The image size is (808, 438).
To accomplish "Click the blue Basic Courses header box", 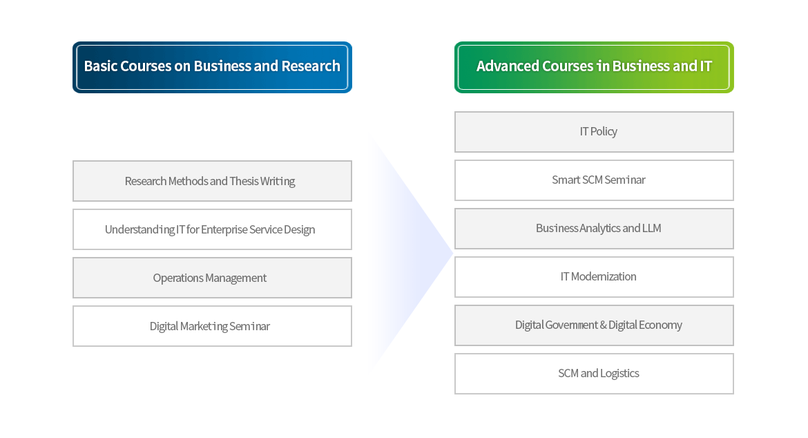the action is pos(212,67).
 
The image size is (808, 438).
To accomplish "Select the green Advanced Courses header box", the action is pos(594,67).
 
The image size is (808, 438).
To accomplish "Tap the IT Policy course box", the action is pos(594,132).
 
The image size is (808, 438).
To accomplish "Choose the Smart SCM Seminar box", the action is pos(594,180).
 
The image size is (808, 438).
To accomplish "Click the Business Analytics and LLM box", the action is pos(594,229).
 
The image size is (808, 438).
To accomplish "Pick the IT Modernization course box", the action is pos(594,277).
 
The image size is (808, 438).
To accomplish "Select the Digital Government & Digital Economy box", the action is pos(594,325).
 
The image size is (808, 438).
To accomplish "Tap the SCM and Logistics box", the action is pos(594,374).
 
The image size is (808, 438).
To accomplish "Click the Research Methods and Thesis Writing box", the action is pos(212,181).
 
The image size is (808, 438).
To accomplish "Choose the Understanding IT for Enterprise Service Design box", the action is pos(212,229).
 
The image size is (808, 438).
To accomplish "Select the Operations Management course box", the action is pos(212,278).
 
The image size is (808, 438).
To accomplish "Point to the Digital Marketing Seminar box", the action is pos(212,326).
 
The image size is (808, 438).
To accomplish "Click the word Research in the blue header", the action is pos(311,66).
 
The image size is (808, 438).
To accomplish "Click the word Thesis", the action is pos(244,181).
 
